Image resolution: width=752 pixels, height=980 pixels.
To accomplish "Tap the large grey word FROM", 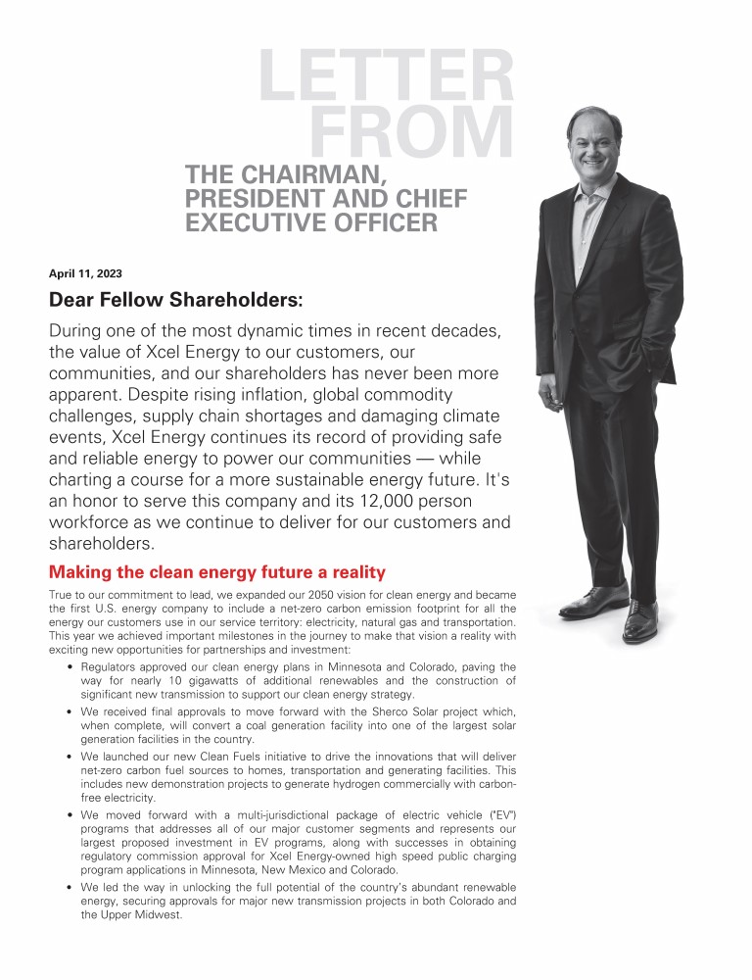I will click(x=412, y=133).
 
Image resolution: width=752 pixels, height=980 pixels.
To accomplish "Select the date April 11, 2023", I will click(x=85, y=273).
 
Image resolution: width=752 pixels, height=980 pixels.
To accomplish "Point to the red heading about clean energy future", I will click(x=217, y=572).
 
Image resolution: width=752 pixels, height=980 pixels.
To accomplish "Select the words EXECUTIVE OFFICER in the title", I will click(x=310, y=223).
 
